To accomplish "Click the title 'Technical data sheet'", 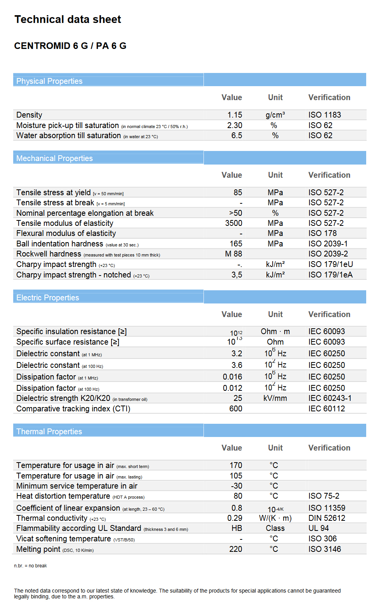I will (68, 19).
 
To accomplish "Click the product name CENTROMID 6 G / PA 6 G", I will (70, 46).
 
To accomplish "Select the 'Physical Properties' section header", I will (49, 81).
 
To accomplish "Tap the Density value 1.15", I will (235, 115).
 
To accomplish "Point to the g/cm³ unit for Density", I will (275, 115).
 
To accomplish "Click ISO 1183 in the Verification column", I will (325, 115).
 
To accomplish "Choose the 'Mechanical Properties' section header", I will (54, 158).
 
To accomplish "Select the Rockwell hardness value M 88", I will (233, 254).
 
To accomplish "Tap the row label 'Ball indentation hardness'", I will (60, 244).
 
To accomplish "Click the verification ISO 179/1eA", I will (330, 275).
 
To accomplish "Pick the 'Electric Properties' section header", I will (47, 298).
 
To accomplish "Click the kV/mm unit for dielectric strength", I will (275, 398).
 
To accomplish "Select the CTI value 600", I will (236, 409).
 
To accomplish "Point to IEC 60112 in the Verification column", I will (327, 409).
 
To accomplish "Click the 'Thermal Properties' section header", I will (49, 432).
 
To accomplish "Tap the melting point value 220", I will (236, 549).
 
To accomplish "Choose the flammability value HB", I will (237, 528).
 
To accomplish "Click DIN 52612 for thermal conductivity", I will (327, 518).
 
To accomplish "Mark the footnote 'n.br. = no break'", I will (30, 566).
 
